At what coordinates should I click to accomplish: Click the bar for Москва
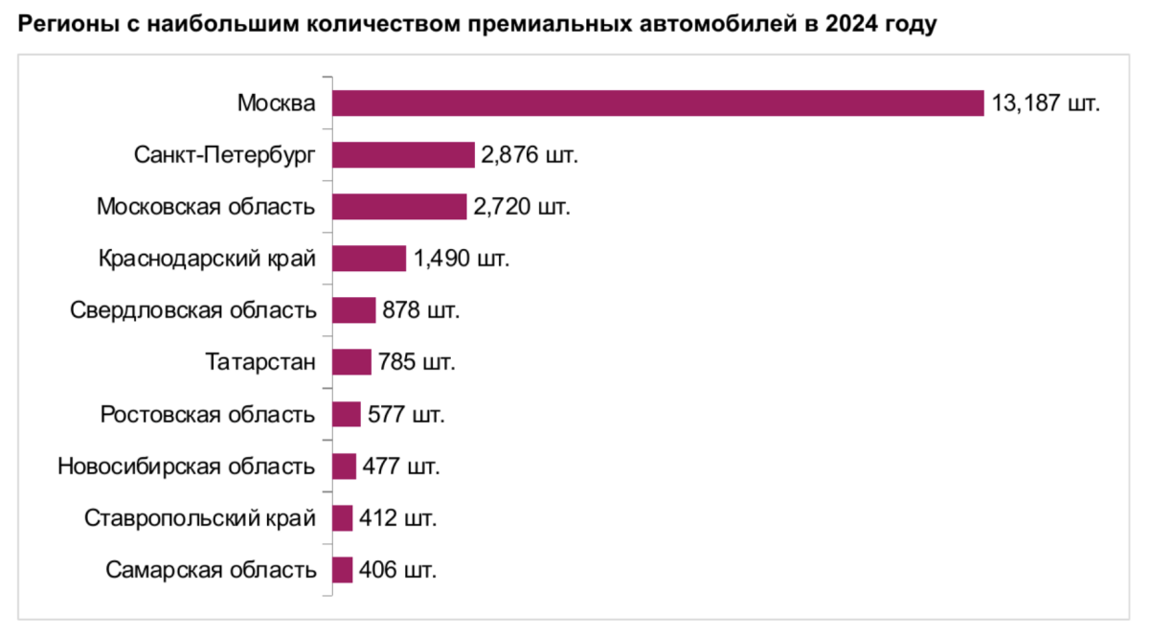click(x=658, y=103)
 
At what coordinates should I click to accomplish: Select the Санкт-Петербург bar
click(x=403, y=154)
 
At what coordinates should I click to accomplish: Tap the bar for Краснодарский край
click(x=370, y=259)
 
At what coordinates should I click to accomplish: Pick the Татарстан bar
click(x=351, y=362)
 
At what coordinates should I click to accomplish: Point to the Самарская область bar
click(x=342, y=570)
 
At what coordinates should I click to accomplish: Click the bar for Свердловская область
click(x=353, y=310)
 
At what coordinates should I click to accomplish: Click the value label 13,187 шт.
click(x=1046, y=103)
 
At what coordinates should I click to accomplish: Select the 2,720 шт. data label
click(x=521, y=206)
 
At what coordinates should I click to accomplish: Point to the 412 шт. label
click(x=398, y=518)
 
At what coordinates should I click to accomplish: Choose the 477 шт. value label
click(x=401, y=467)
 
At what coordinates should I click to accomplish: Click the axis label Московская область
click(x=207, y=206)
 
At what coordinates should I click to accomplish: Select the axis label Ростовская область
click(x=208, y=415)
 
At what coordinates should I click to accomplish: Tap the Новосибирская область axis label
click(x=187, y=467)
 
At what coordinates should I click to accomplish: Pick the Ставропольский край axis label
click(x=200, y=518)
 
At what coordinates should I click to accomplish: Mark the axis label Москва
click(x=277, y=103)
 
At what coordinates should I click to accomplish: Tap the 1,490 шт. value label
click(x=462, y=259)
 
